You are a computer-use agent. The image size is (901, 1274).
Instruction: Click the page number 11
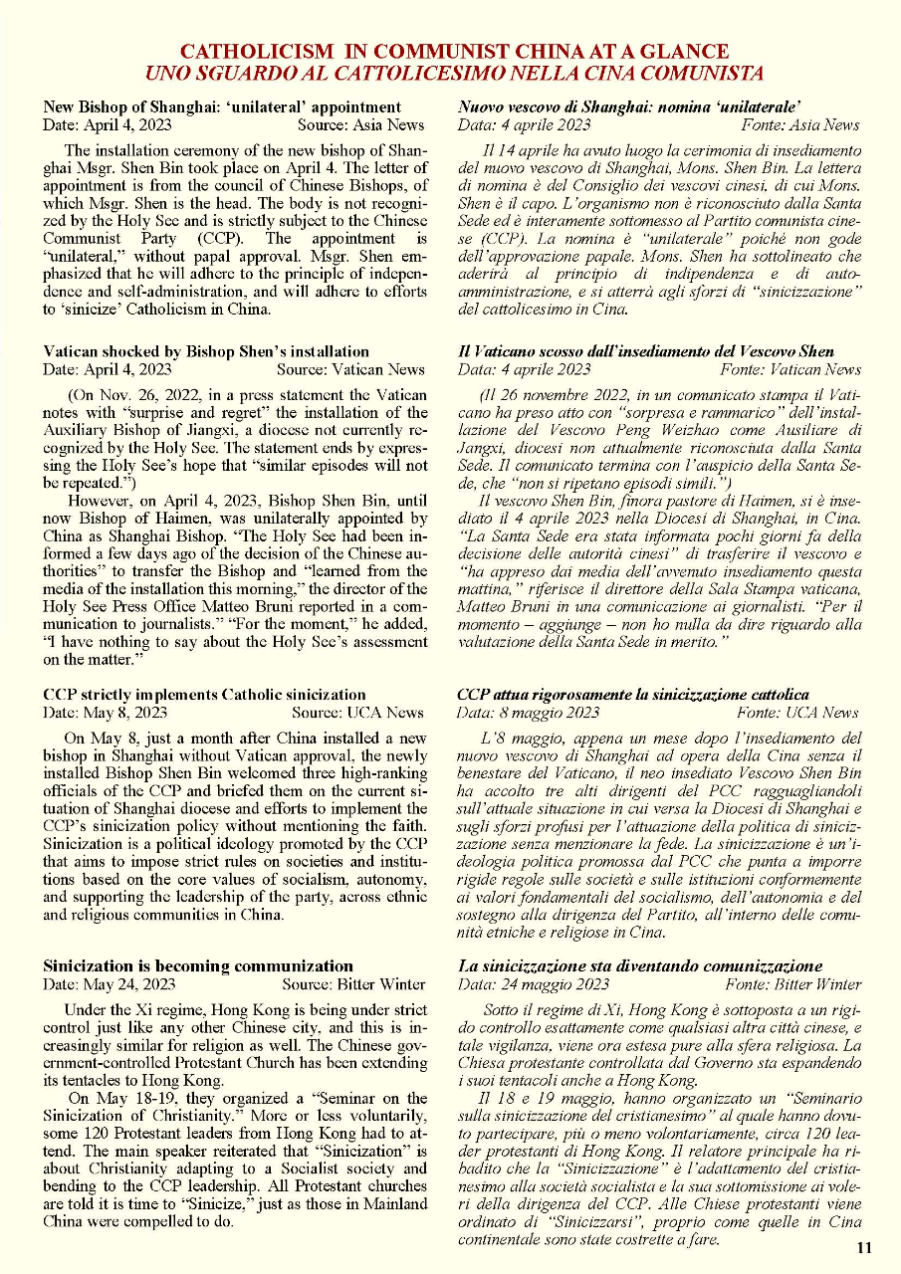pos(863,1248)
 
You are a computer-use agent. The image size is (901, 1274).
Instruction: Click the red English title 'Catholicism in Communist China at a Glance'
pos(454,52)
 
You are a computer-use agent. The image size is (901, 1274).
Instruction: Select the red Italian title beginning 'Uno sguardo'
pos(454,73)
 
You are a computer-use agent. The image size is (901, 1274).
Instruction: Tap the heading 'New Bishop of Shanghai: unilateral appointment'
pos(222,106)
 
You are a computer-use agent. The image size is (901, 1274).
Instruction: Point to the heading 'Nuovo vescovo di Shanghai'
pos(630,106)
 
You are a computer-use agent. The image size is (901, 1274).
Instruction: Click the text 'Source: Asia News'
pos(360,124)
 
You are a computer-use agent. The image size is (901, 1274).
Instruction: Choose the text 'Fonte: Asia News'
pos(800,124)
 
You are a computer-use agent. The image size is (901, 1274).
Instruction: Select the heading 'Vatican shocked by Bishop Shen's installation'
pos(206,351)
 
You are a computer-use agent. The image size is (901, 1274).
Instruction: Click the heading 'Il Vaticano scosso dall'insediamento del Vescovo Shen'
pos(645,351)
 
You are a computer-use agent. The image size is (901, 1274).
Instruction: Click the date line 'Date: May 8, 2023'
pos(106,712)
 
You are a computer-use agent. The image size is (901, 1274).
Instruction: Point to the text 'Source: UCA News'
pos(357,712)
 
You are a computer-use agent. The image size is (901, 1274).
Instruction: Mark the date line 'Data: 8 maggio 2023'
pos(528,712)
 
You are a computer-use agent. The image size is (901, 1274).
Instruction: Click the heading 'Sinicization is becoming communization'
pos(198,965)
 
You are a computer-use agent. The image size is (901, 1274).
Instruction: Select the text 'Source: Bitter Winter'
pos(353,983)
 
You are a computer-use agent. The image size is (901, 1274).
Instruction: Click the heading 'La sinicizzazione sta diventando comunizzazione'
pos(640,965)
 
